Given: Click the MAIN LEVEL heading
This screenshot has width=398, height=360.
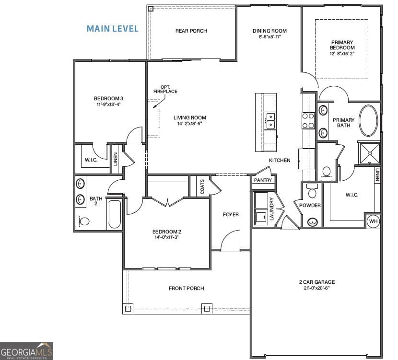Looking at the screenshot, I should tap(112, 29).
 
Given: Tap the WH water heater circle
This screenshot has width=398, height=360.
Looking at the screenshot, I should tap(373, 221).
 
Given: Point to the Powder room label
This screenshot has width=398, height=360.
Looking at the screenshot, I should tap(310, 206).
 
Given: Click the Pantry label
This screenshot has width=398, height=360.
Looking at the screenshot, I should tap(263, 180).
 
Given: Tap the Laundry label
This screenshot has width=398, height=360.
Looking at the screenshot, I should tap(271, 209).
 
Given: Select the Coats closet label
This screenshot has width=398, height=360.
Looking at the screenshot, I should tap(202, 186).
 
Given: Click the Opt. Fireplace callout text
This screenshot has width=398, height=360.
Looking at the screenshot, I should tap(165, 89).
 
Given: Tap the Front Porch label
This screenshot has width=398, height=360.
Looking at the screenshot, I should tap(186, 288).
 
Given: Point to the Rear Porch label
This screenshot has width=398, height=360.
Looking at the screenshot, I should tap(191, 31).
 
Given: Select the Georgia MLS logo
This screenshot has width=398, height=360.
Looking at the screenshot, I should tap(26, 351).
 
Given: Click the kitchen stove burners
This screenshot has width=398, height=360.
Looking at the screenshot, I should tap(307, 120).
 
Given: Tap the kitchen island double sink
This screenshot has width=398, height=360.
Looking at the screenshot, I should tap(270, 120).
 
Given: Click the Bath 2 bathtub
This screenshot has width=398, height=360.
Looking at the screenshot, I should tap(115, 214).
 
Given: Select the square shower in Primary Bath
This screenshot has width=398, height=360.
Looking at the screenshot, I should tap(369, 152).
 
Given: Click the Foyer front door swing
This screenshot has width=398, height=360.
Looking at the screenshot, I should tap(231, 241).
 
